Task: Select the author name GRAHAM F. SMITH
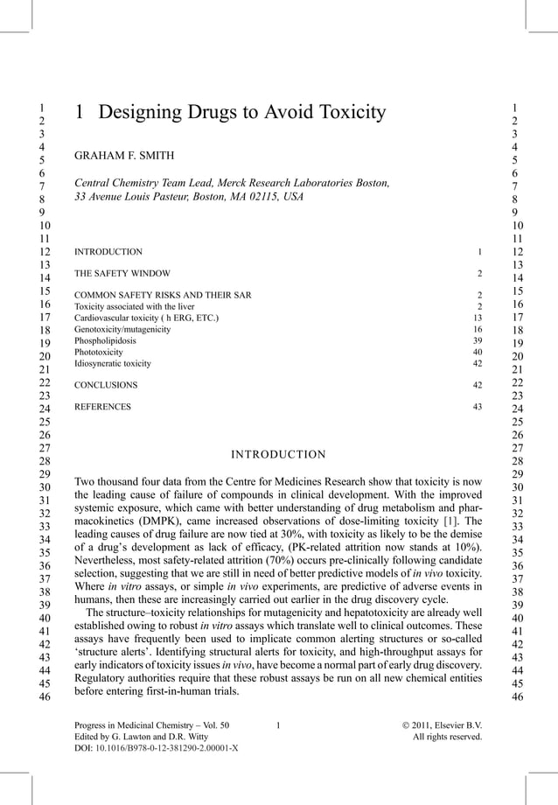tap(124, 156)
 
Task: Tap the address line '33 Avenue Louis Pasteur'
tap(130, 197)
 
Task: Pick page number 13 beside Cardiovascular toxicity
tap(477, 318)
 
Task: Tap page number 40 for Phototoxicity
tap(477, 353)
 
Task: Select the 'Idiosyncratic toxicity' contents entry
tap(113, 363)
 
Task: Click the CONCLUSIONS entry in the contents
tap(106, 385)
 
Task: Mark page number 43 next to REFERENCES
tap(477, 407)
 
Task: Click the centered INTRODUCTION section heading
tap(278, 454)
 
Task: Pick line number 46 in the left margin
tap(38, 697)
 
